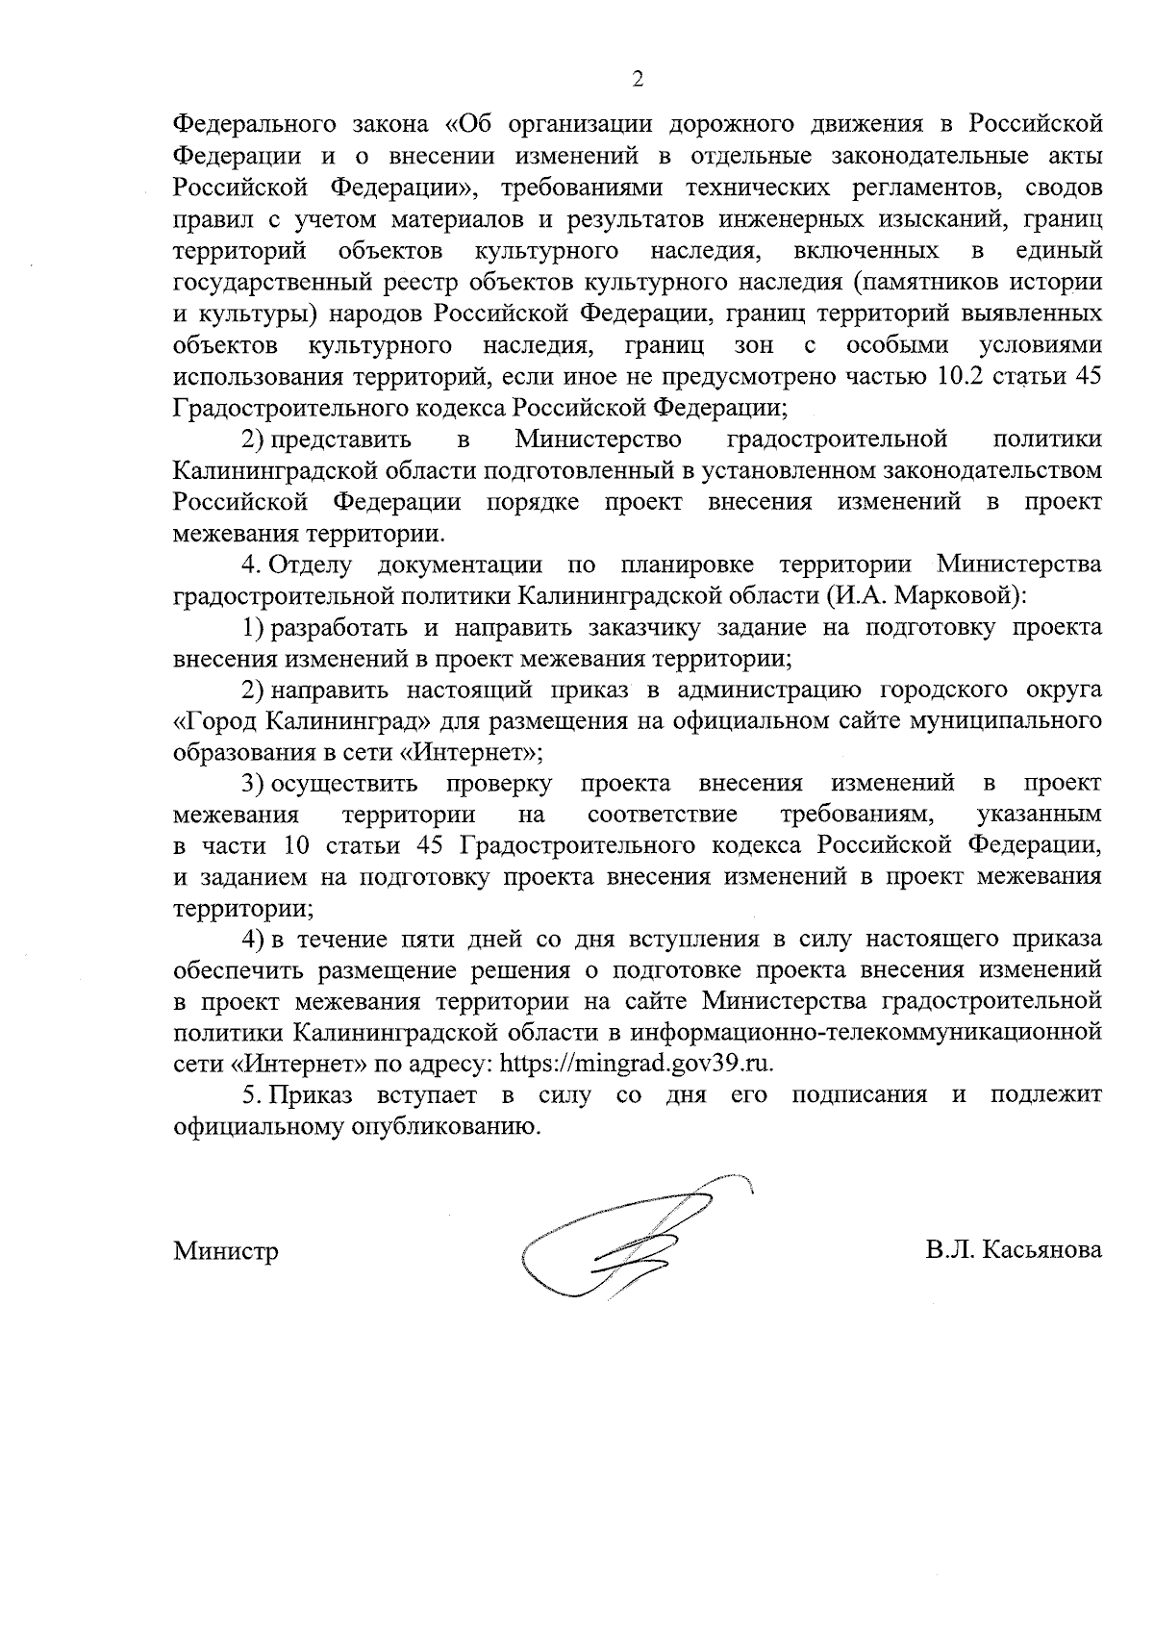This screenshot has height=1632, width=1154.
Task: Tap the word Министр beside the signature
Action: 226,1251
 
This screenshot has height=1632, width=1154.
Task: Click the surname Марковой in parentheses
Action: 956,595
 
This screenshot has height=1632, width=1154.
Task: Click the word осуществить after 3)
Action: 343,784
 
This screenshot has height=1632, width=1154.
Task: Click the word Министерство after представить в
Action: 598,439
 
